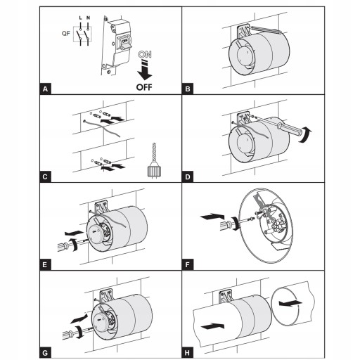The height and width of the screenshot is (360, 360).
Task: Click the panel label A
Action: tap(45, 89)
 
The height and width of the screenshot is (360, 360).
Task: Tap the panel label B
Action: tap(188, 89)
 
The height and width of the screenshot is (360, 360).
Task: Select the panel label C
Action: tap(45, 176)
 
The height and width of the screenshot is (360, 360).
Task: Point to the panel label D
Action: tap(188, 176)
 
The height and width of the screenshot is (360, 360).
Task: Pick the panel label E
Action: tap(45, 265)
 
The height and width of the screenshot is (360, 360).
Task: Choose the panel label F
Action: tap(188, 265)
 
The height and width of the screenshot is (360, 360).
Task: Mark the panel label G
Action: tap(45, 353)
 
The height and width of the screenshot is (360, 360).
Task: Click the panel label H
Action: tap(188, 353)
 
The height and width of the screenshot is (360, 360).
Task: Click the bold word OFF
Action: tap(144, 87)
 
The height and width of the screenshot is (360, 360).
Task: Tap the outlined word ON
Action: tap(145, 54)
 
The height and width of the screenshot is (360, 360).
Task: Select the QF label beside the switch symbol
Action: tap(66, 34)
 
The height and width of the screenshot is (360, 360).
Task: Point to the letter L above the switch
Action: tap(80, 18)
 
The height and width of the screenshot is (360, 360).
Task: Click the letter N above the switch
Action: tap(88, 18)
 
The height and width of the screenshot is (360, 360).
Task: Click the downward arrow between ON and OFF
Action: tap(145, 70)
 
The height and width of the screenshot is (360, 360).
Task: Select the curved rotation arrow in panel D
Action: tap(307, 134)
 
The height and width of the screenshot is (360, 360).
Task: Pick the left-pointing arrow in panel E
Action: tap(74, 233)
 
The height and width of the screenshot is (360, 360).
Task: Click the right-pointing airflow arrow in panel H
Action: tap(212, 326)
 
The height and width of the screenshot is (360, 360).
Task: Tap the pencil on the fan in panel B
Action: tap(266, 30)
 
